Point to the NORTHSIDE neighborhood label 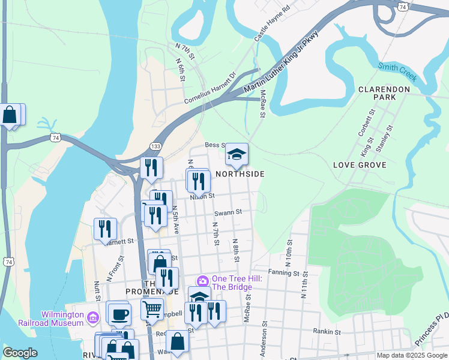tap(240, 174)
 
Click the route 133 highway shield tap(155, 146)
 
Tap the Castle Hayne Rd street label tap(272, 24)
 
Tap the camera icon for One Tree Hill tap(203, 280)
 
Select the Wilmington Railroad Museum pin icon tap(93, 317)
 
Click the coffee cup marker tap(119, 313)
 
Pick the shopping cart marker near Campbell tap(152, 310)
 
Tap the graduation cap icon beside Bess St tap(237, 155)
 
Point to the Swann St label tap(228, 212)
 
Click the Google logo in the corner tap(20, 353)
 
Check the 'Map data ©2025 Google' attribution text tap(412, 355)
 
